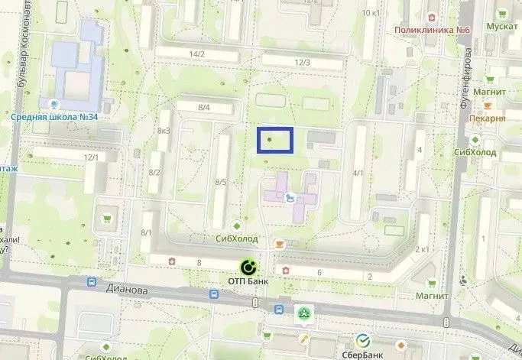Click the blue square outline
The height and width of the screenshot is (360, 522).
[x=275, y=141]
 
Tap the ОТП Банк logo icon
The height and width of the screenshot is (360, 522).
[x=248, y=268]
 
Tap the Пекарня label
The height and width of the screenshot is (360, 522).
[x=487, y=118]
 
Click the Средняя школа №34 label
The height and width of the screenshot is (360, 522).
[x=53, y=117]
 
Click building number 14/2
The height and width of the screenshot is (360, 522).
[x=197, y=54]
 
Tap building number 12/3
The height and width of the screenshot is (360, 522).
[x=302, y=62]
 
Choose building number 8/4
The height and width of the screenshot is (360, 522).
[x=203, y=108]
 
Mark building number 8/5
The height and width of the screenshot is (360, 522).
[x=221, y=182]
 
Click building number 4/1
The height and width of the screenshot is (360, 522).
[x=358, y=174]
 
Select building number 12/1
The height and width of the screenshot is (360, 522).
[x=92, y=157]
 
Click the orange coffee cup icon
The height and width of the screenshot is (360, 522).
[x=280, y=243]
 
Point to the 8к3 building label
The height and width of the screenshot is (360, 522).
[x=163, y=131]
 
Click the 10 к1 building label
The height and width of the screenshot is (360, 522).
[x=371, y=13]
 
